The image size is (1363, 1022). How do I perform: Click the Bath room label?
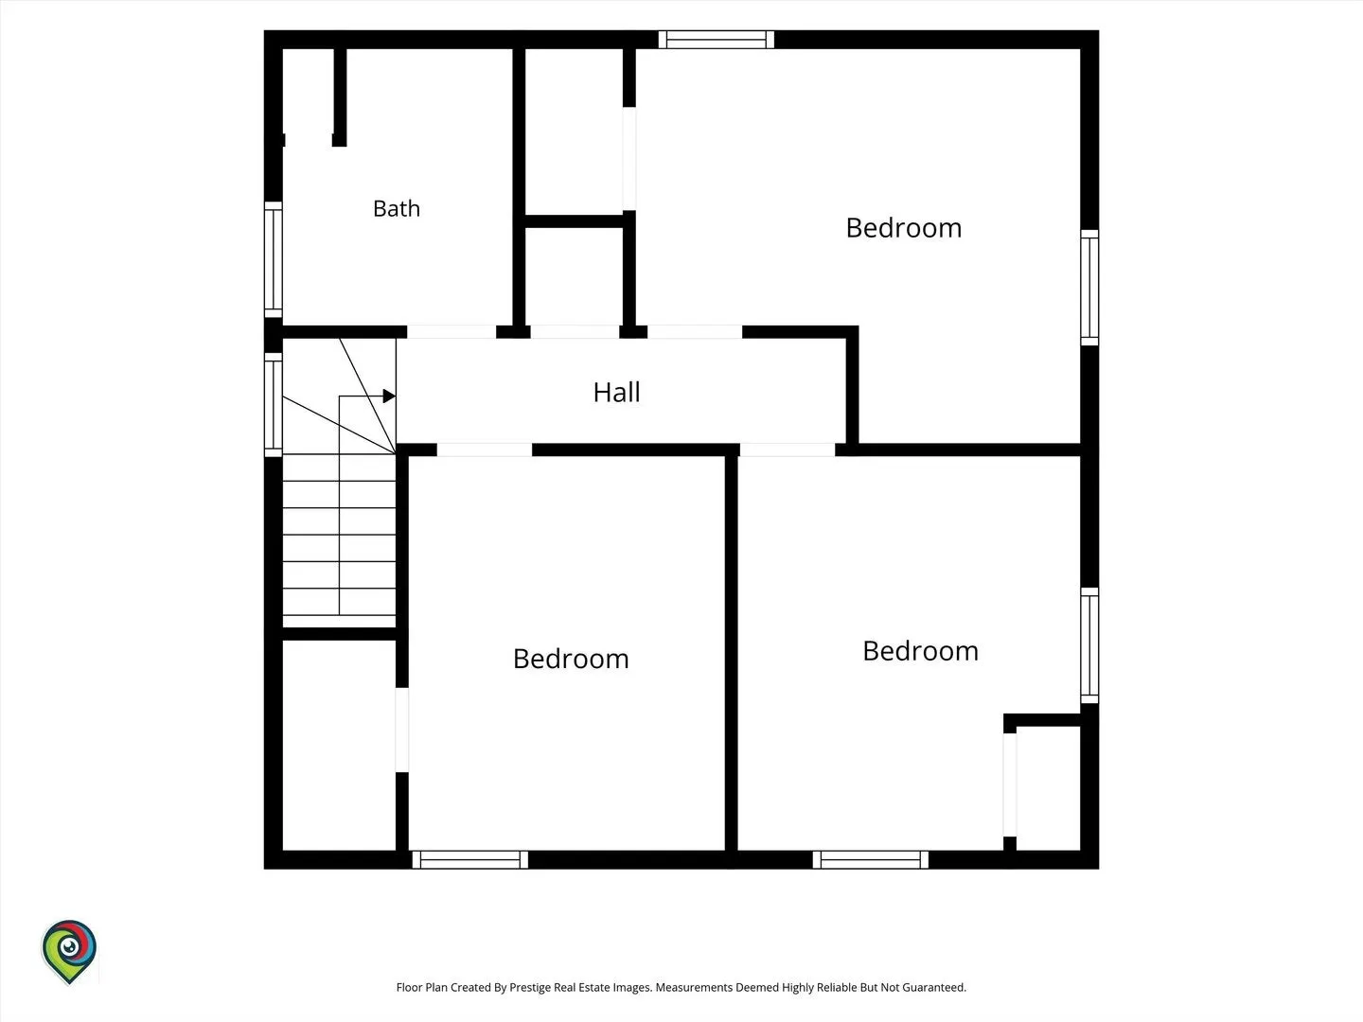[397, 208]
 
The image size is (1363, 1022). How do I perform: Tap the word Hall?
[616, 392]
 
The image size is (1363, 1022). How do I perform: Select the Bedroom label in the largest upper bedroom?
[904, 228]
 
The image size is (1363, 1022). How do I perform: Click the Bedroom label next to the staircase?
[571, 659]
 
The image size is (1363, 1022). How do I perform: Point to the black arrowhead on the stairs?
[389, 396]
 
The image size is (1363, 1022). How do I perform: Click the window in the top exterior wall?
[716, 40]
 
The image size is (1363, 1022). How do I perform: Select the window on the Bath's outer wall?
[274, 259]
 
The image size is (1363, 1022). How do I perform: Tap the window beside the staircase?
[274, 405]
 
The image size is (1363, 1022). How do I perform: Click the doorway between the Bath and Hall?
[451, 332]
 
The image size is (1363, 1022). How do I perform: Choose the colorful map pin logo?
[69, 951]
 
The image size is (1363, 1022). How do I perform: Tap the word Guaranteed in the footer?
[934, 987]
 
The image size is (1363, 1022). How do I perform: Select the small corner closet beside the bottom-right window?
[1048, 788]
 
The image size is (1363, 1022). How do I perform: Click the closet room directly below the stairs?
[339, 746]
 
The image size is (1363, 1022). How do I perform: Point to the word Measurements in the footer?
[693, 987]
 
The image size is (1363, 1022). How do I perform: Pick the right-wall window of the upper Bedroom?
[1089, 288]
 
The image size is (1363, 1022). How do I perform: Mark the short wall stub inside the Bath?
[340, 97]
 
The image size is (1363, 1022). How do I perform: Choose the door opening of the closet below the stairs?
[402, 730]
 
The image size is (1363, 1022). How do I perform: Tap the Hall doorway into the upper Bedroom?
[695, 332]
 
